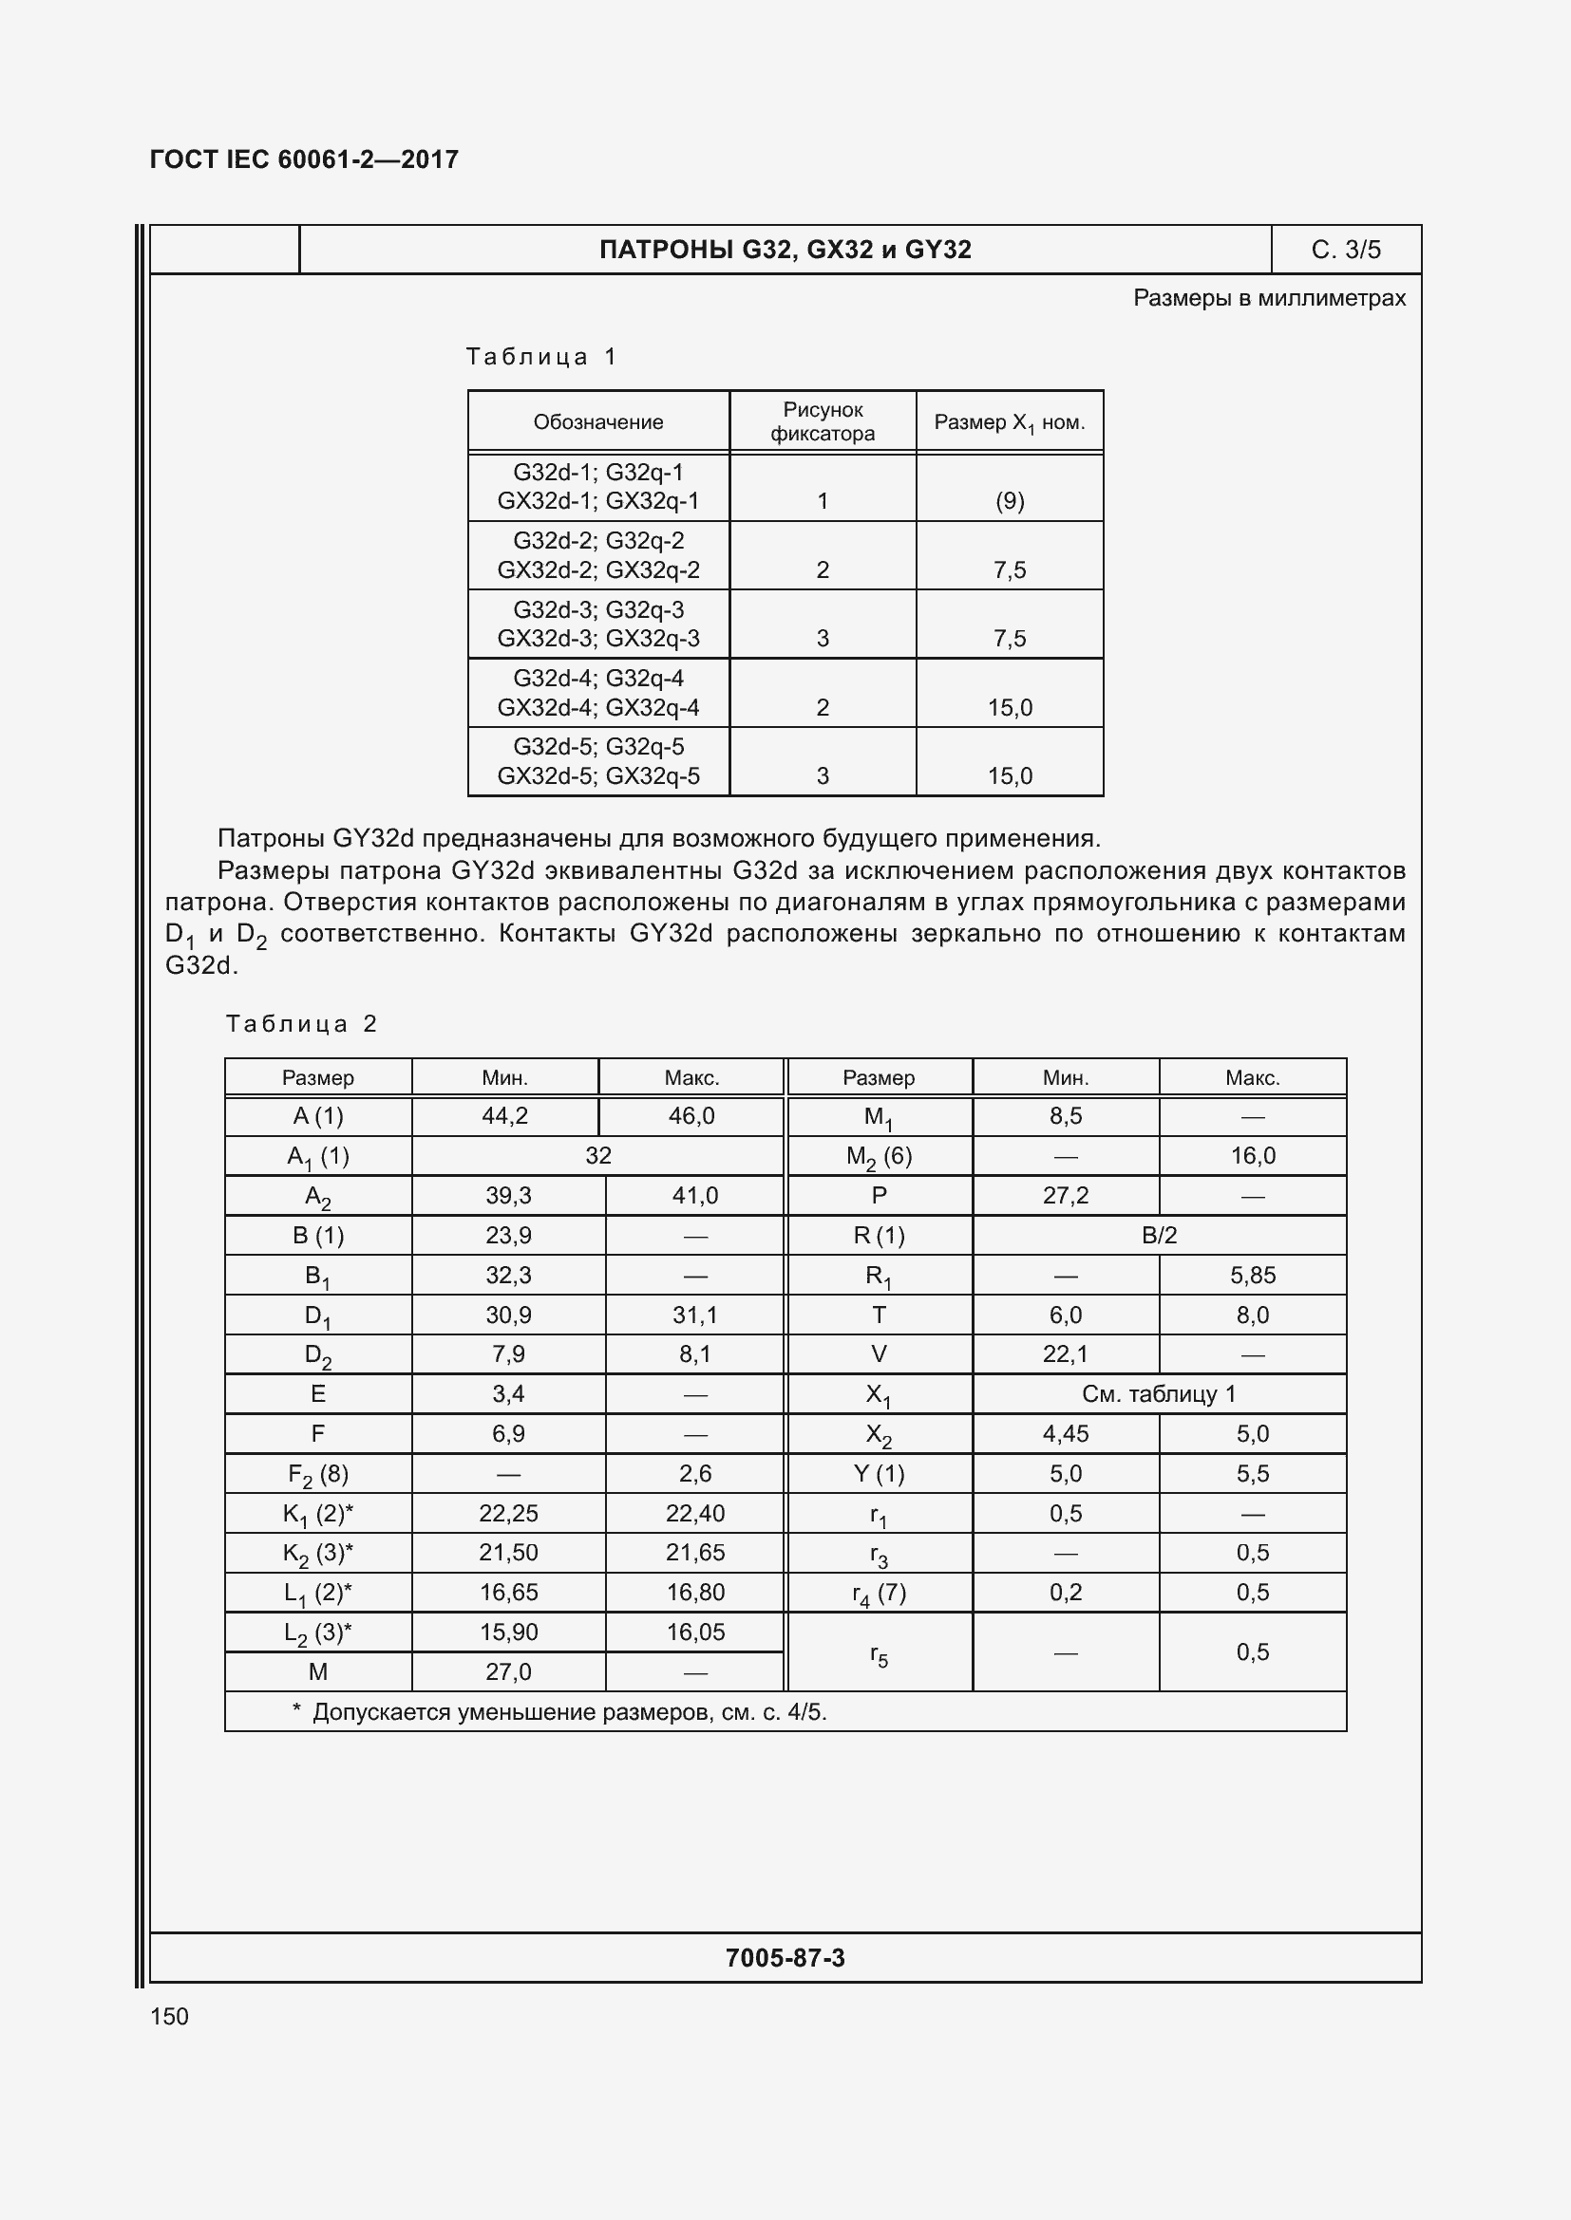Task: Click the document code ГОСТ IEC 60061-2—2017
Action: point(304,159)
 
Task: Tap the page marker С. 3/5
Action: point(1345,250)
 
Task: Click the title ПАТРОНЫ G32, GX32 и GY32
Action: point(785,250)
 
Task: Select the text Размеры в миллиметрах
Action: point(1268,298)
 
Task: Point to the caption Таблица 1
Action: point(540,357)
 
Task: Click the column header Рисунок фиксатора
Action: point(823,421)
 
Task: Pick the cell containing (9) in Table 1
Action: point(1009,501)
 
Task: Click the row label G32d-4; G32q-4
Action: point(597,678)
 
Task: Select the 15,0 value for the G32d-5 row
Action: point(1009,775)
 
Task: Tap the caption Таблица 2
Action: point(301,1024)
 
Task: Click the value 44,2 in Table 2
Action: point(505,1116)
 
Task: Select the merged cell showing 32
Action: point(597,1155)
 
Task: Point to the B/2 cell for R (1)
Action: point(1158,1235)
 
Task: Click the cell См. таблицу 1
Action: point(1158,1393)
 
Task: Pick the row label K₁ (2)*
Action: point(317,1513)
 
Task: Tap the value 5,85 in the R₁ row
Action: point(1252,1275)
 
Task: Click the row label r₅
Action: point(879,1654)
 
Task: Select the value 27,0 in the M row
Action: point(508,1671)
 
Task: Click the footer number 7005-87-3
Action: point(785,1958)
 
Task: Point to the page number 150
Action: point(169,2016)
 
